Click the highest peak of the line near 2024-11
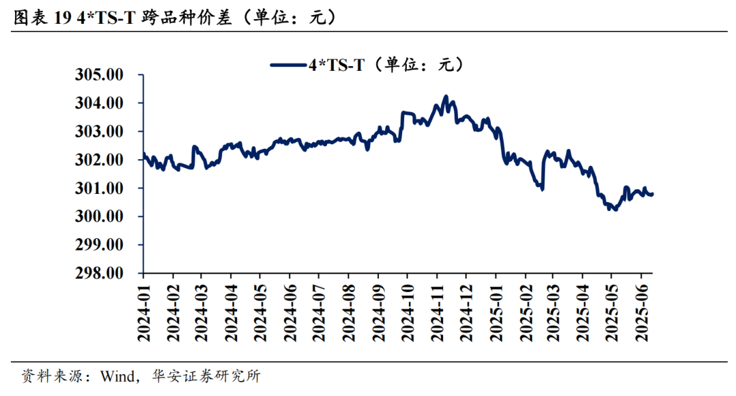pos(446,97)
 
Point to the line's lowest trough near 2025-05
pos(615,210)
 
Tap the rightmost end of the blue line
pos(653,195)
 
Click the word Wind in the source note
pos(117,376)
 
